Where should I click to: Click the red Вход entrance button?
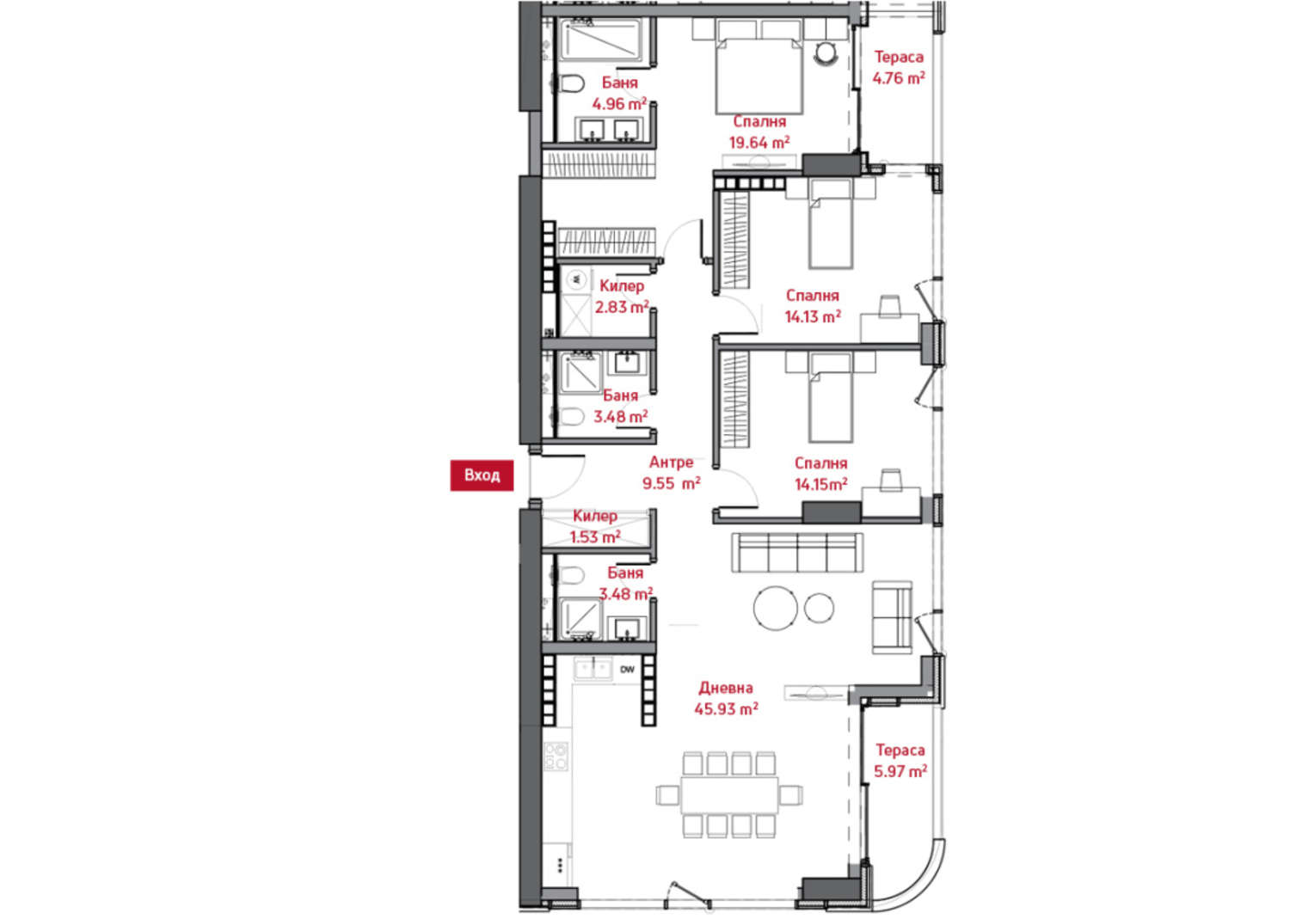482,475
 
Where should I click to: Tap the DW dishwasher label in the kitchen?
627,669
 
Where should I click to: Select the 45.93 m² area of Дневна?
726,709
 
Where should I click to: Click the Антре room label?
671,462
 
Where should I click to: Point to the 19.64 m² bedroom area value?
759,142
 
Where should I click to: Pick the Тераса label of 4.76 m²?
899,57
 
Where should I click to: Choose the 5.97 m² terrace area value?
900,771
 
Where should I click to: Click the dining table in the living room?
729,795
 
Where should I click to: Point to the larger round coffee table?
776,608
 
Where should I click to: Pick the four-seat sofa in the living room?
797,552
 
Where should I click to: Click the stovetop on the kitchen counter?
556,757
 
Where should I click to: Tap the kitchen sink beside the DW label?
593,670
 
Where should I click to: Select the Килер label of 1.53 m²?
595,516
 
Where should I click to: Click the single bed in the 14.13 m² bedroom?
830,224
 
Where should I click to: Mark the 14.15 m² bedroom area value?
820,484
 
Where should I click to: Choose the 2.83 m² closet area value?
622,307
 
